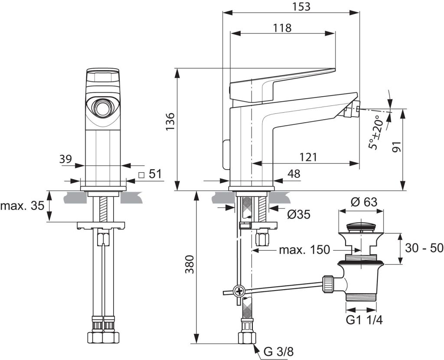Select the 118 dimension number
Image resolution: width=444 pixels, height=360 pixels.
[x=282, y=28]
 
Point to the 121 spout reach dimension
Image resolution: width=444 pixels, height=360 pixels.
[x=308, y=157]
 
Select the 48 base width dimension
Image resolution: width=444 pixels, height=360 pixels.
[x=294, y=173]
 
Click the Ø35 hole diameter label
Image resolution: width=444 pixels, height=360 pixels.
[x=298, y=214]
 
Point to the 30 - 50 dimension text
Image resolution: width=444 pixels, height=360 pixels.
[x=424, y=248]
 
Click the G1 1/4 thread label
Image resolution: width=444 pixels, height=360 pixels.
[x=363, y=320]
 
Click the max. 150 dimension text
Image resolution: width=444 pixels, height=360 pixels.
[x=304, y=250]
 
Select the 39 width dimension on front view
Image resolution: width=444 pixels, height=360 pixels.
[x=65, y=159]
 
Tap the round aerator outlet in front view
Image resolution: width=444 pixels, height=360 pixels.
[x=103, y=108]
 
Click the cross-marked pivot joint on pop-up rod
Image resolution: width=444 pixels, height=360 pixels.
[x=238, y=291]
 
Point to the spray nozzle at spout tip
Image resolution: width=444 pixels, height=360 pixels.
[x=350, y=111]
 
